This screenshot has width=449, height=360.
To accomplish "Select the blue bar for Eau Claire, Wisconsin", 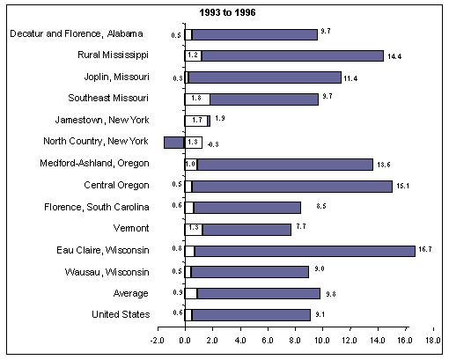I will (x=304, y=251).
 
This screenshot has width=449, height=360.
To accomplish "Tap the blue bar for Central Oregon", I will (x=292, y=186).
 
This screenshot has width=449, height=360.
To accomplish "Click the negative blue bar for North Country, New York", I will (x=173, y=143).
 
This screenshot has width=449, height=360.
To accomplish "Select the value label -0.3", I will (x=212, y=143).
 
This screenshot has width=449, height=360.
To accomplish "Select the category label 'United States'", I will (x=119, y=315).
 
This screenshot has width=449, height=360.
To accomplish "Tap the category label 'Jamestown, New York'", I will (x=103, y=121).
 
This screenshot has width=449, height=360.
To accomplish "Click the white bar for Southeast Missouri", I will (x=197, y=99).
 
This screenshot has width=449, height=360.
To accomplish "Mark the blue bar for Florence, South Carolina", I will (x=247, y=208).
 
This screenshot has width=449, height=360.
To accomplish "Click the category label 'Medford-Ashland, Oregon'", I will (x=95, y=164).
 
